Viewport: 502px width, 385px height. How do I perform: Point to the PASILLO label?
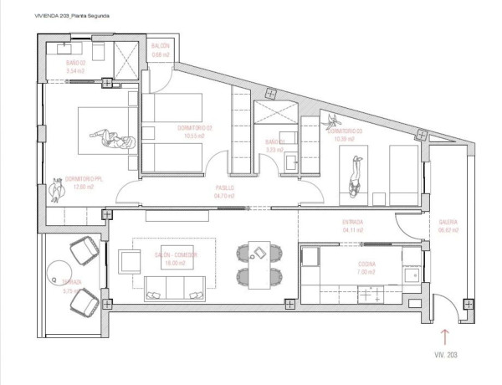(223, 187)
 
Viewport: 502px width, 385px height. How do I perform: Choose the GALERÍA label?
(448, 222)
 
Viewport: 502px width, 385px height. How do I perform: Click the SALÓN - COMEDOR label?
(175, 254)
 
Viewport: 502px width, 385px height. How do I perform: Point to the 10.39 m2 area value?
(345, 139)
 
